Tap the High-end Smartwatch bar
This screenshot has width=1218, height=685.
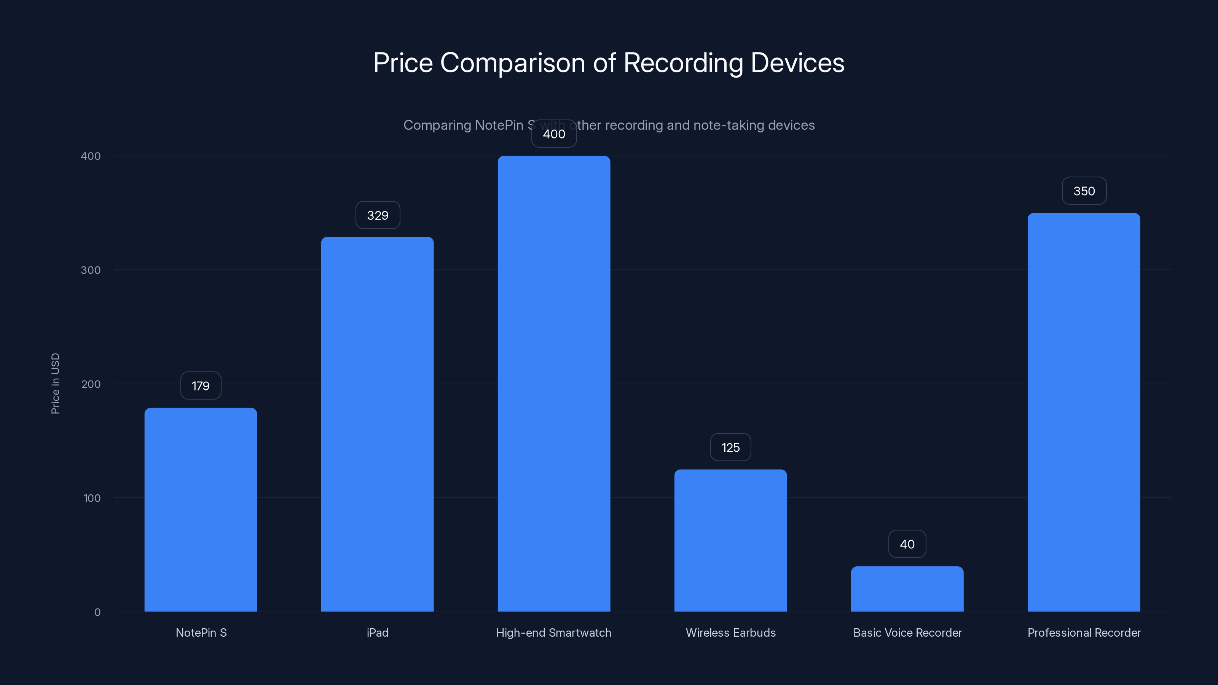554,383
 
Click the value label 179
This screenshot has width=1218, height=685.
201,386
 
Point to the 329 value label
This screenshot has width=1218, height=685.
377,215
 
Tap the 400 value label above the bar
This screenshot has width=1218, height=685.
554,134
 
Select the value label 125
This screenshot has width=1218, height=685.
730,447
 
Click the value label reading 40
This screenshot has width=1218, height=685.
907,544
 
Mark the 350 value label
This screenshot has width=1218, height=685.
1084,191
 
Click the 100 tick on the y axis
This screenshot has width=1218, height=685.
92,498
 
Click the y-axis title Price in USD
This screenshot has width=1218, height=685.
55,383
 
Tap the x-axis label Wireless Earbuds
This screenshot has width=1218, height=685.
730,632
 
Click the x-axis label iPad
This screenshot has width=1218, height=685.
377,632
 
